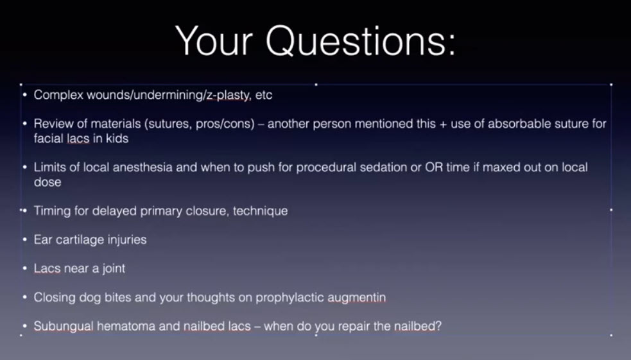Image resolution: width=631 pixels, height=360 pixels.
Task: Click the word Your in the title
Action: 214,40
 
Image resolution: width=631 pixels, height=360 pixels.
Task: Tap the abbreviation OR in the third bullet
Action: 434,167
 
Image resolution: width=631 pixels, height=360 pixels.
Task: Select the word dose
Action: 48,182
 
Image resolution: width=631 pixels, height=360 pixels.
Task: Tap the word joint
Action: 114,268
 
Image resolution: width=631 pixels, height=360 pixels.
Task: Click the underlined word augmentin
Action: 356,298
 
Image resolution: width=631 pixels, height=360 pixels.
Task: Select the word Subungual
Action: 64,326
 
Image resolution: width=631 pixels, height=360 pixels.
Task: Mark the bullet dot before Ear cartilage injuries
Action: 25,240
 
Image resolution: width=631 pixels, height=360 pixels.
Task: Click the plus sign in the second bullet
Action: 443,124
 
